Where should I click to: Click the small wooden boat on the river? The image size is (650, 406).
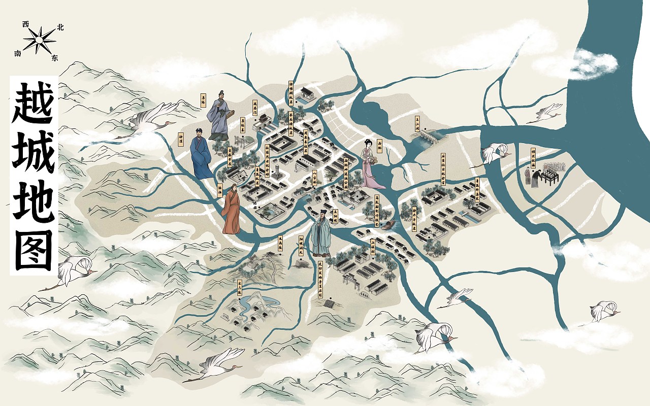388,224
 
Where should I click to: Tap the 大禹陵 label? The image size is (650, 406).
280,245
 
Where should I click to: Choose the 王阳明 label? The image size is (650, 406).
335,217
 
